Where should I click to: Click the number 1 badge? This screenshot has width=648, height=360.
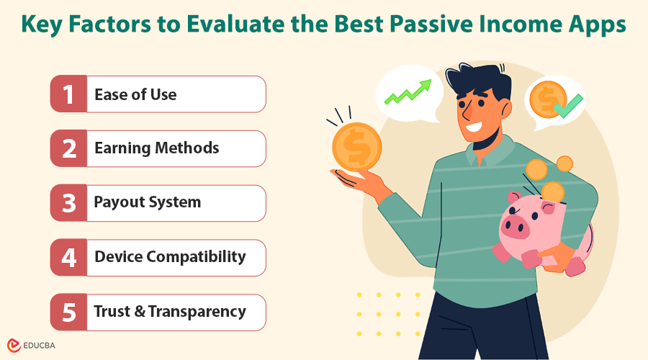click(x=68, y=94)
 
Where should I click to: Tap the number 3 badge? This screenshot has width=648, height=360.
click(x=68, y=203)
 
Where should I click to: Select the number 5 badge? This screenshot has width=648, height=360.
click(x=68, y=312)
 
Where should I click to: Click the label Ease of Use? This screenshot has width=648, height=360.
click(x=135, y=94)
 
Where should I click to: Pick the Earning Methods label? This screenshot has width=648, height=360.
click(x=156, y=148)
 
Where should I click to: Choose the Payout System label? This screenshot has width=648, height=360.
click(x=147, y=203)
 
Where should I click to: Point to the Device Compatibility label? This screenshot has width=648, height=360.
click(x=170, y=257)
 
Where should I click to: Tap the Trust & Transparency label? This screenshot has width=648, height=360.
click(x=170, y=312)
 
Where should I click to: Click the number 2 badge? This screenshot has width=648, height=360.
click(x=68, y=148)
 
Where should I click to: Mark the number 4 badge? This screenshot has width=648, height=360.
click(x=68, y=257)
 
